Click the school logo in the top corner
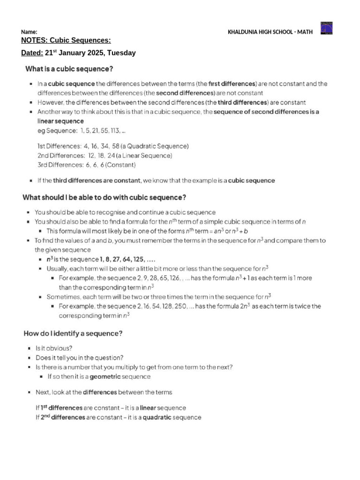pyautogui.click(x=326, y=28)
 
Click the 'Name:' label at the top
pyautogui.click(x=29, y=32)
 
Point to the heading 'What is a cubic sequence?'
pyautogui.click(x=69, y=69)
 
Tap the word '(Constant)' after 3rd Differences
pyautogui.click(x=120, y=165)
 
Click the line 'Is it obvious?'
pyautogui.click(x=54, y=348)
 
